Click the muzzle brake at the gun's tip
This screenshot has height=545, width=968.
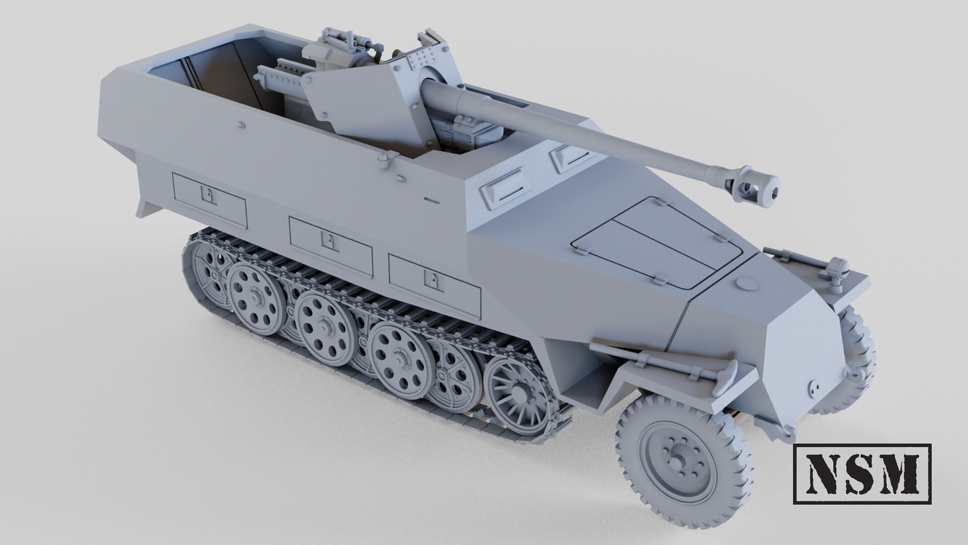pyautogui.click(x=758, y=184)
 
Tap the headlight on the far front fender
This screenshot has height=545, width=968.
pyautogui.click(x=836, y=270)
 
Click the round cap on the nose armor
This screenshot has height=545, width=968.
pyautogui.click(x=746, y=284)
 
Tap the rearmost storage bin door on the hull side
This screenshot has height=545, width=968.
pyautogui.click(x=210, y=200)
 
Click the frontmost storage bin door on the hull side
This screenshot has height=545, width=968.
pyautogui.click(x=434, y=286)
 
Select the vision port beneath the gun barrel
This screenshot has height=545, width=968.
pyautogui.click(x=569, y=156)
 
